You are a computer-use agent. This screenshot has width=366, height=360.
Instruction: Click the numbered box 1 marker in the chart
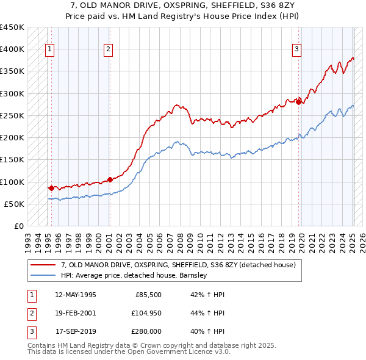(x=49, y=50)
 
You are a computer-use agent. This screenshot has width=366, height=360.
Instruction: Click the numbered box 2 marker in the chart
(x=108, y=50)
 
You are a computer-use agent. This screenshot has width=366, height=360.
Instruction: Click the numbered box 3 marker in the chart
(x=296, y=50)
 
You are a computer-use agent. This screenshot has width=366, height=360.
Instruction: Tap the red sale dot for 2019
(x=299, y=102)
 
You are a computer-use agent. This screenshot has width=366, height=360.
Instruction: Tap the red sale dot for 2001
(x=110, y=179)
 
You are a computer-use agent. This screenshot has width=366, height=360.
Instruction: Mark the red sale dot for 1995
(x=51, y=188)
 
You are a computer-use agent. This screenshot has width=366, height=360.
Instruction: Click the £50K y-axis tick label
(x=15, y=204)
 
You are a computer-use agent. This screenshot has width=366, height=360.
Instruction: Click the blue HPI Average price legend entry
(x=134, y=275)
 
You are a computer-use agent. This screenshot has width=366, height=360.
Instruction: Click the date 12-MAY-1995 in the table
(x=76, y=295)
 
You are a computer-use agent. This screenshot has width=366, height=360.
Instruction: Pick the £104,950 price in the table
(x=145, y=313)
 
